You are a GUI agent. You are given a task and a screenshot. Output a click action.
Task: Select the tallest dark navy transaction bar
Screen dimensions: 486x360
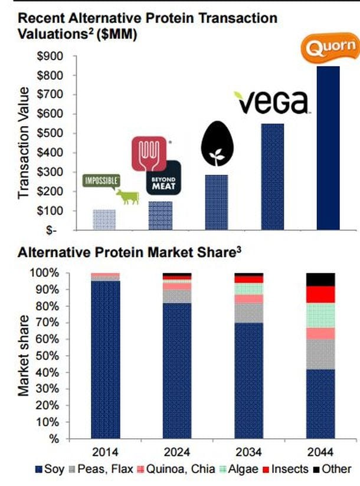(x=328, y=147)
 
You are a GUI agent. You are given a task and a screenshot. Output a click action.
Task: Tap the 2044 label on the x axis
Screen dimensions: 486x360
(x=320, y=452)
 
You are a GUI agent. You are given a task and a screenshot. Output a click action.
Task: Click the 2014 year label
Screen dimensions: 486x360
(x=105, y=452)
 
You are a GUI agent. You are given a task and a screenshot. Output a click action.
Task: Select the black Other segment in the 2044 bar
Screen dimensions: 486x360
(x=320, y=280)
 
